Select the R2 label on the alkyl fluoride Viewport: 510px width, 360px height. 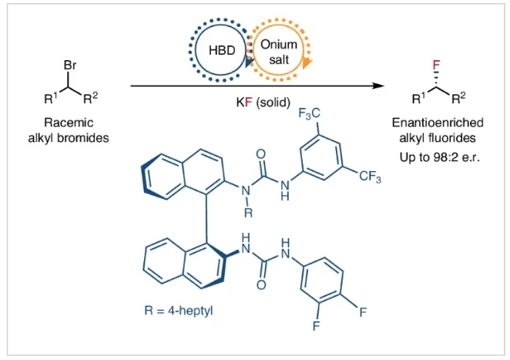(x=459, y=98)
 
